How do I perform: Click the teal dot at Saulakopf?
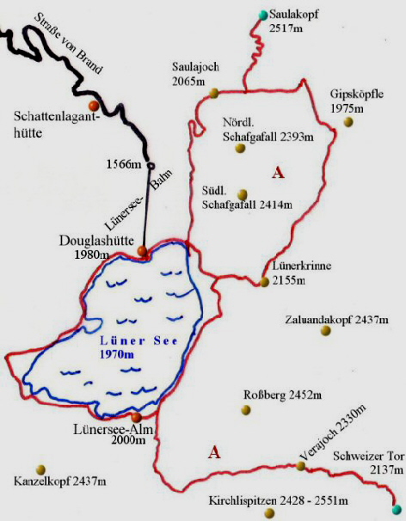[x=264, y=15]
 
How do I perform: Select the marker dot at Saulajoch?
[x=212, y=92]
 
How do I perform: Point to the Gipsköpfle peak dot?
[x=348, y=122]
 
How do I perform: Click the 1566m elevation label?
[x=122, y=164]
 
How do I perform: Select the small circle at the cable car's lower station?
[x=151, y=165]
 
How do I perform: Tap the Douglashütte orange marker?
[x=143, y=252]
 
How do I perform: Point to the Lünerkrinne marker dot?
[x=265, y=281]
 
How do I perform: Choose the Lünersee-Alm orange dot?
[x=136, y=418]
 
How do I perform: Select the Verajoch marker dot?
[x=300, y=466]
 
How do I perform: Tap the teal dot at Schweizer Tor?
[x=397, y=509]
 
